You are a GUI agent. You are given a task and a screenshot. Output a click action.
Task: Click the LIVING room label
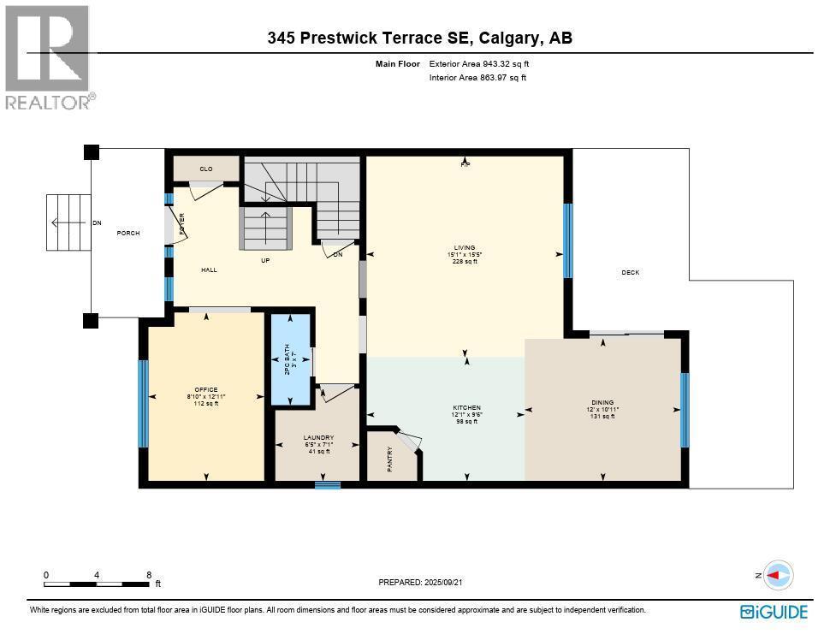pyautogui.click(x=465, y=248)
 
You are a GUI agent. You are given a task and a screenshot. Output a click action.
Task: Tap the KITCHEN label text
pyautogui.click(x=467, y=407)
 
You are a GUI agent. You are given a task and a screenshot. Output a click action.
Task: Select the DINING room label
pyautogui.click(x=602, y=402)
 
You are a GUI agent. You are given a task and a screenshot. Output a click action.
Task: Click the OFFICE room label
pyautogui.click(x=205, y=390)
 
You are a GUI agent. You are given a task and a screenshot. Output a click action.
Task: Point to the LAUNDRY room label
pyautogui.click(x=317, y=437)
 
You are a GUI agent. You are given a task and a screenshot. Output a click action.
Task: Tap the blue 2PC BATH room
pyautogui.click(x=291, y=360)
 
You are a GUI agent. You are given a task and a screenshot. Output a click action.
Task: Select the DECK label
pyautogui.click(x=630, y=273)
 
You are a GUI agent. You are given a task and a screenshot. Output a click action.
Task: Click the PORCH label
pyautogui.click(x=128, y=234)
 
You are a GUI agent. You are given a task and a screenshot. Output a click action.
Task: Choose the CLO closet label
pyautogui.click(x=206, y=169)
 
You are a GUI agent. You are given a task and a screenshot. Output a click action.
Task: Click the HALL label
pyautogui.click(x=209, y=270)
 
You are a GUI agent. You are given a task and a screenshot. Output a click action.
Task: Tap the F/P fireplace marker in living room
pyautogui.click(x=465, y=163)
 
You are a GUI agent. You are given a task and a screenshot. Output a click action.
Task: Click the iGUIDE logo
pyautogui.click(x=774, y=612)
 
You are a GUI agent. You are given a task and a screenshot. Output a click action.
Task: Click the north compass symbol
pyautogui.click(x=778, y=576)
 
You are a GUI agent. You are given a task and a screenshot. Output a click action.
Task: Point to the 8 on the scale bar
pyautogui.click(x=148, y=575)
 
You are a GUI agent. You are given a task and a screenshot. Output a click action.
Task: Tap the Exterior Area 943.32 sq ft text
pyautogui.click(x=485, y=63)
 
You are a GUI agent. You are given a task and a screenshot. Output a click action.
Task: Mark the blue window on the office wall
pyautogui.click(x=143, y=403)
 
